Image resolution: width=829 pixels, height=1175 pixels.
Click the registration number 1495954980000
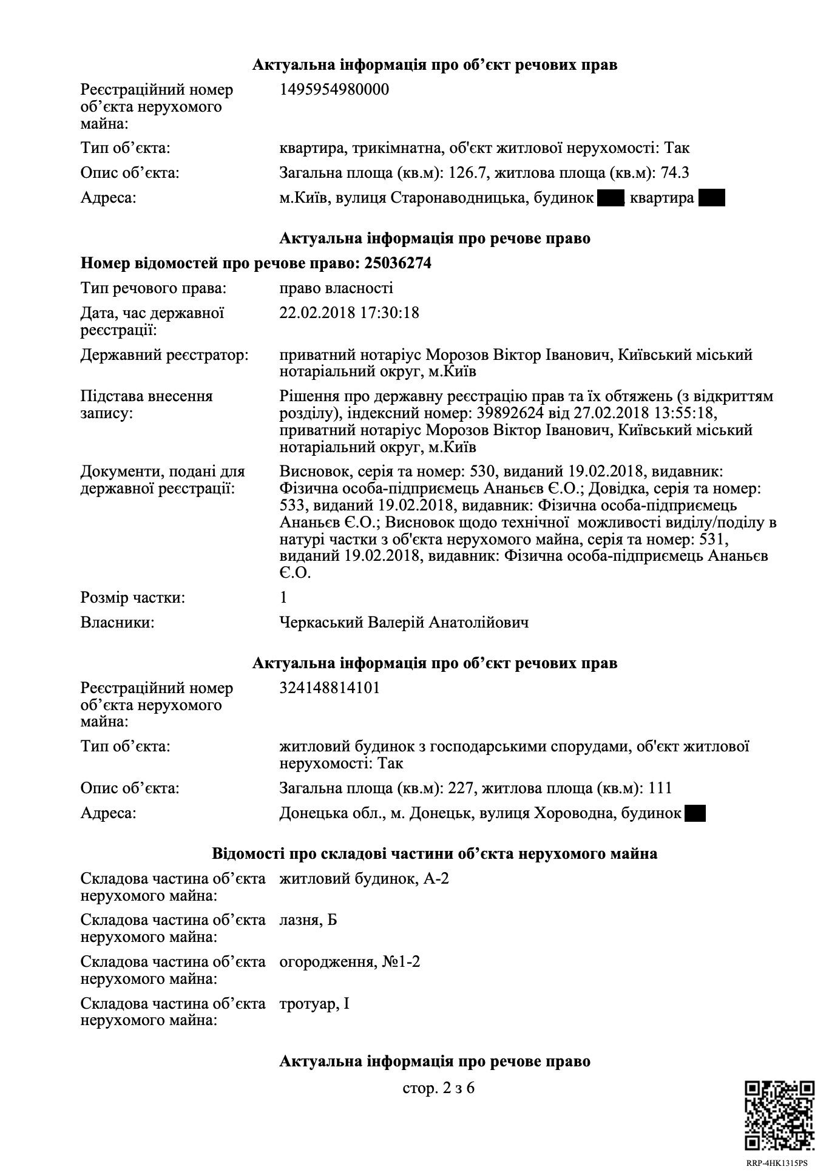pyautogui.click(x=334, y=90)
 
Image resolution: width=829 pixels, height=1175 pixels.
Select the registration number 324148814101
pyautogui.click(x=330, y=688)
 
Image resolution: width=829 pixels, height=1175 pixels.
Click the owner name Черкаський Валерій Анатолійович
pyautogui.click(x=404, y=623)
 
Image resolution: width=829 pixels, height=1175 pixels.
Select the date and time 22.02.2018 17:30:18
pyautogui.click(x=349, y=313)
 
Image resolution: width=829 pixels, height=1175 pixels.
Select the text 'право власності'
pyautogui.click(x=336, y=288)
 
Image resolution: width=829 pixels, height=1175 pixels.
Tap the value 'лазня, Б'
pyautogui.click(x=308, y=920)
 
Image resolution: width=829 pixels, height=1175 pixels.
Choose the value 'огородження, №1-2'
pyautogui.click(x=350, y=962)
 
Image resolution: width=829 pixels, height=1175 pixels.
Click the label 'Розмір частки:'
pyautogui.click(x=133, y=598)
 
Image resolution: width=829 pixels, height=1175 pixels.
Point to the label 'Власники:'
pyautogui.click(x=117, y=623)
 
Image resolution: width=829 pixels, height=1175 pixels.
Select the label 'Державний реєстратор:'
pyautogui.click(x=164, y=355)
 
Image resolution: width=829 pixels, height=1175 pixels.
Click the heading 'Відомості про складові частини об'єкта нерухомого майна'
pyautogui.click(x=435, y=854)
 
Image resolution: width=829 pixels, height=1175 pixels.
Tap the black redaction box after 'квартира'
pyautogui.click(x=712, y=198)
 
